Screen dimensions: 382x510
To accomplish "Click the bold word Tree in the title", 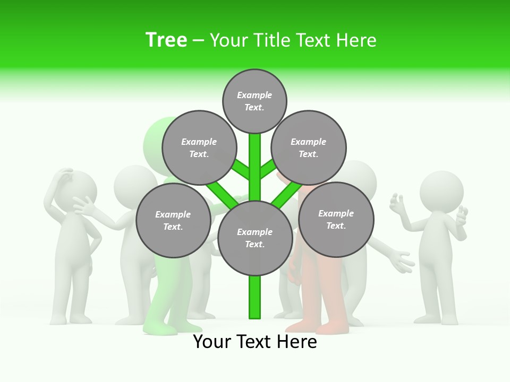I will tap(166, 40).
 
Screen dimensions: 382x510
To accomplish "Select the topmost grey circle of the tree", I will tap(254, 101).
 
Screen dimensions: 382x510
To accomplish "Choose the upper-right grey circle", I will tap(309, 147).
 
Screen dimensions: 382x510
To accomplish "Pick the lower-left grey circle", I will tap(173, 220).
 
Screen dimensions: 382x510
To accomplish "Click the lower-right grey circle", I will tap(336, 219).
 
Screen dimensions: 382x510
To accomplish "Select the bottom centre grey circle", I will tap(255, 238).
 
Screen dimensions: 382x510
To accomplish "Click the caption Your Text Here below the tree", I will tap(255, 342).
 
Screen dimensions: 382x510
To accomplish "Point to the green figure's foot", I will tap(159, 329).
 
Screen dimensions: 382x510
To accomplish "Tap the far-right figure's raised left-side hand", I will tap(397, 205).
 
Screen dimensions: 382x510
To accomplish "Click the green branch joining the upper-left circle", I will tap(240, 169).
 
